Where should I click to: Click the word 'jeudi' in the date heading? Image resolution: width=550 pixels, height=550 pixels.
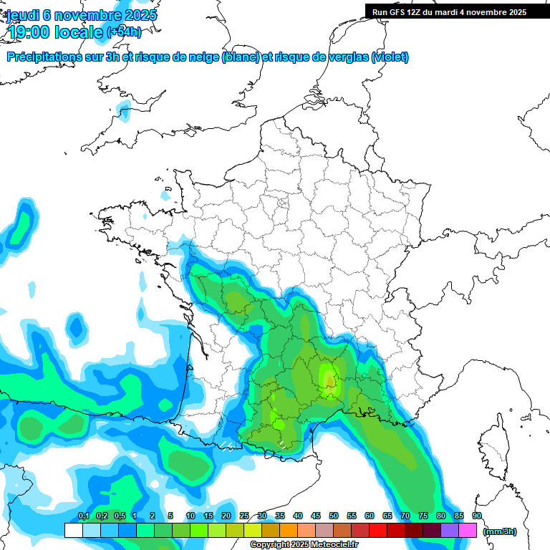click(x=24, y=15)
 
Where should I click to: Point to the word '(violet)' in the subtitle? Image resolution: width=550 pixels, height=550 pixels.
click(x=390, y=57)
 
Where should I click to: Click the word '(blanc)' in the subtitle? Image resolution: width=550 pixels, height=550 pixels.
click(x=241, y=57)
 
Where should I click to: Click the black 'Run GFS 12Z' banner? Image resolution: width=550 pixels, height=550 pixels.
click(x=449, y=11)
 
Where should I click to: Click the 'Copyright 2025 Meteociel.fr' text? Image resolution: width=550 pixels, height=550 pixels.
click(x=304, y=545)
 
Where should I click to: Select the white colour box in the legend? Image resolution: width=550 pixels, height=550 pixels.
click(x=73, y=530)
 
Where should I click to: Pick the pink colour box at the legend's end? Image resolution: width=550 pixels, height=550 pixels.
click(x=468, y=530)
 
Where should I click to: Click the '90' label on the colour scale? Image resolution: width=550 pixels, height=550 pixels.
click(x=476, y=516)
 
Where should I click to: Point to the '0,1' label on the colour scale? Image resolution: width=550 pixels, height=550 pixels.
click(x=83, y=516)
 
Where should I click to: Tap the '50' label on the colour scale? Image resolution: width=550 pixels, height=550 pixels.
click(x=334, y=516)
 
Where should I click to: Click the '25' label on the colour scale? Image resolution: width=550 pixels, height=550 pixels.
click(x=244, y=516)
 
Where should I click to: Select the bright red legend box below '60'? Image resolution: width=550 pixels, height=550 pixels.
click(x=378, y=530)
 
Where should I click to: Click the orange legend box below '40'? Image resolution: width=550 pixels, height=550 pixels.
click(x=289, y=530)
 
